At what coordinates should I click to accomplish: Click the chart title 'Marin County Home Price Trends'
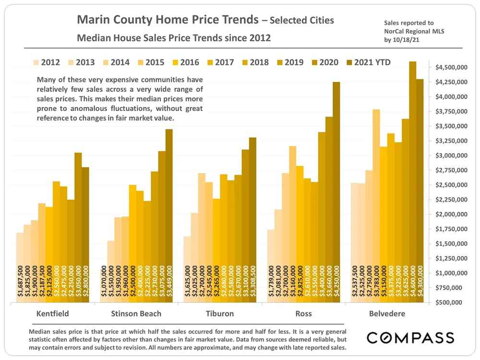click(x=167, y=20)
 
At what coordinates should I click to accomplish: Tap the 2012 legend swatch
click(x=36, y=62)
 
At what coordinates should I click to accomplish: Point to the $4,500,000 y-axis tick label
click(x=452, y=68)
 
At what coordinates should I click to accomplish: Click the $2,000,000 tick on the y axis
click(x=452, y=215)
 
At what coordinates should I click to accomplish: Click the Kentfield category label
click(x=53, y=314)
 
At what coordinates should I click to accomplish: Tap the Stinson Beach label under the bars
click(x=136, y=314)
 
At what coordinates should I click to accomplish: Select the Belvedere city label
click(x=387, y=314)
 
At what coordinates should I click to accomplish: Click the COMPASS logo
click(x=410, y=337)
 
